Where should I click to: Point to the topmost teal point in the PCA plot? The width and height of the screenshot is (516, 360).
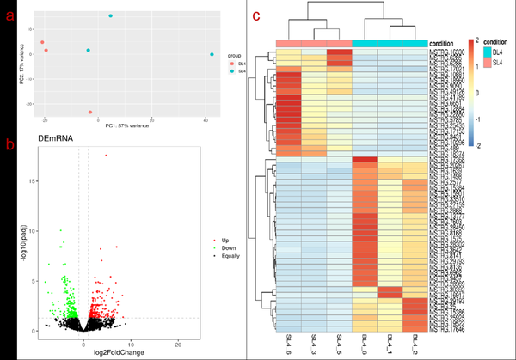111,16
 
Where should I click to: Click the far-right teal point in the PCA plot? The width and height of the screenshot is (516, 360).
212,55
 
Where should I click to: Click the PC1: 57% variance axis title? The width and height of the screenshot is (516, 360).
122,126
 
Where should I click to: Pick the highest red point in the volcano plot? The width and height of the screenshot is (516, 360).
106,156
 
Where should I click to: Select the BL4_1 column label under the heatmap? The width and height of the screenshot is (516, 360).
391,342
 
